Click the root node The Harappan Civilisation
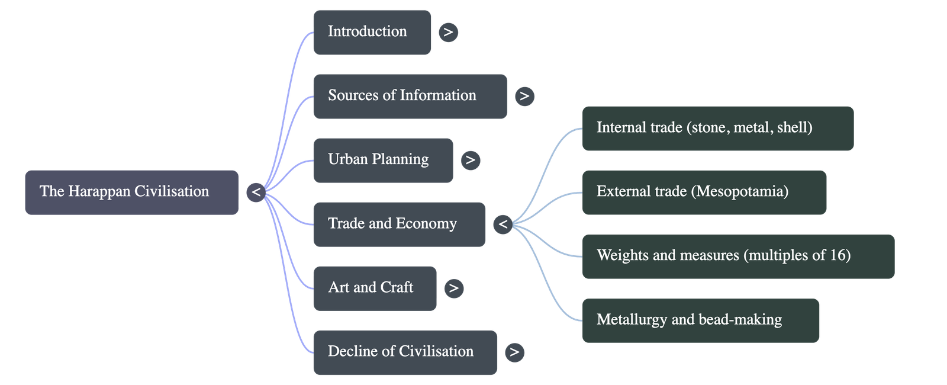pyautogui.click(x=131, y=192)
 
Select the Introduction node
pyautogui.click(x=372, y=32)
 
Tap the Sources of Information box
pyautogui.click(x=410, y=96)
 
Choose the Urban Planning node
pyautogui.click(x=383, y=160)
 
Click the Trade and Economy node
pyautogui.click(x=399, y=224)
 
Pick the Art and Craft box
pyautogui.click(x=375, y=288)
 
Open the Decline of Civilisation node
pyautogui.click(x=405, y=352)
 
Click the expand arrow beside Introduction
pyautogui.click(x=448, y=32)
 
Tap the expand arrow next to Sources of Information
pyautogui.click(x=524, y=96)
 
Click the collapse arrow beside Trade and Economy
pyautogui.click(x=503, y=224)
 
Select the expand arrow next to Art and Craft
pyautogui.click(x=453, y=288)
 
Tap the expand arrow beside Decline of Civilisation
pyautogui.click(x=514, y=352)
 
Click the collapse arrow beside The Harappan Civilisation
pyautogui.click(x=256, y=192)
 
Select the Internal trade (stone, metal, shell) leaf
pyautogui.click(x=717, y=128)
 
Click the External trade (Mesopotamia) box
pyautogui.click(x=704, y=192)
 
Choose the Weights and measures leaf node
pyautogui.click(x=737, y=256)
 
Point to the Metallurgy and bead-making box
pyautogui.click(x=701, y=320)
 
